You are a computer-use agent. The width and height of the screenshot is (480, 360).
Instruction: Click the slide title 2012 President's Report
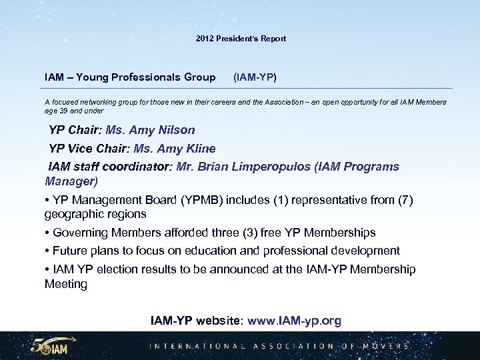click(x=241, y=39)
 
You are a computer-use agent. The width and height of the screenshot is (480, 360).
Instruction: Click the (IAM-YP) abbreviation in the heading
click(x=255, y=77)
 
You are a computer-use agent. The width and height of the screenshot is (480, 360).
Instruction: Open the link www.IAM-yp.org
click(x=294, y=321)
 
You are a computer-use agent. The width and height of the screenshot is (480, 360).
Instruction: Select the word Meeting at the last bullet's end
click(x=66, y=284)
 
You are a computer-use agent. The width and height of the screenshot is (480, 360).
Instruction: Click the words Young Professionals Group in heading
click(x=145, y=77)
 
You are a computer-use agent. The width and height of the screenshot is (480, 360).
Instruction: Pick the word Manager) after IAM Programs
click(x=71, y=181)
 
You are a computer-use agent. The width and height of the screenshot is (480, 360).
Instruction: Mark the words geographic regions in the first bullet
click(x=95, y=214)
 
